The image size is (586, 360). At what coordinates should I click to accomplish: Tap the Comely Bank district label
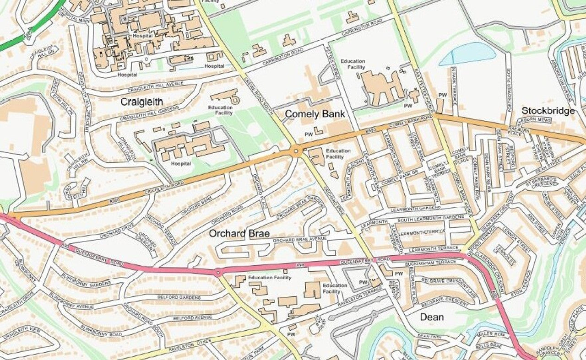(x=315, y=114)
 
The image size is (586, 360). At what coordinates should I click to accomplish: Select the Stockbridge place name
(x=548, y=111)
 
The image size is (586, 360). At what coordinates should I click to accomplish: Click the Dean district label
(x=431, y=317)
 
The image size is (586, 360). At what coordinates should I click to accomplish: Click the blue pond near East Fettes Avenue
(x=467, y=54)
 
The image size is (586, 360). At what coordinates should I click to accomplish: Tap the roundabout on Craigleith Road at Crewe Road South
(x=297, y=150)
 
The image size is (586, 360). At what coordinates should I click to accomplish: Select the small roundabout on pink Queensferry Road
(x=218, y=273)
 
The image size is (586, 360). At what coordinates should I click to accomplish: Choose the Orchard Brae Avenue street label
(x=299, y=239)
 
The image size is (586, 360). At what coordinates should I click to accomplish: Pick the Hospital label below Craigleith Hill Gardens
(x=180, y=163)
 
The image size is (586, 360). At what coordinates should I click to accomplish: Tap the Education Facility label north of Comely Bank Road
(x=353, y=64)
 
